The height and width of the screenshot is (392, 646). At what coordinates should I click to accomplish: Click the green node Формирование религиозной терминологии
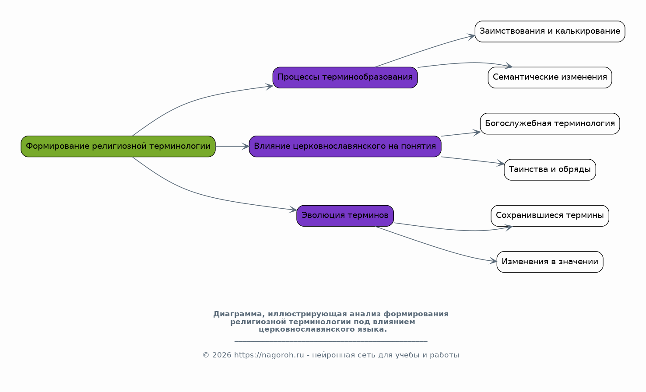(118, 147)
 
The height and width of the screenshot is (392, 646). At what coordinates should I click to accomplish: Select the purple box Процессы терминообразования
(345, 77)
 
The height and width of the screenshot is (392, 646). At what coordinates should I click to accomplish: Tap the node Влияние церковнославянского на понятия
(345, 147)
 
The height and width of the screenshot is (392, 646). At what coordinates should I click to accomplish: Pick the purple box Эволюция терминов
(345, 216)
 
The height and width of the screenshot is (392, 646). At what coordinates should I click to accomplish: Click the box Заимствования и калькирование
(550, 31)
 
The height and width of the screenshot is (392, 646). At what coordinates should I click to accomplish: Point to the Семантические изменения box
(550, 77)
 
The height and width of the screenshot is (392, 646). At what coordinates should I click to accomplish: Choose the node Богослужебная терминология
(550, 124)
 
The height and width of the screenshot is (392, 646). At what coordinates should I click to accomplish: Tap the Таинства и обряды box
(550, 170)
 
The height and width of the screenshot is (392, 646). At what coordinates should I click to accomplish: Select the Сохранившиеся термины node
(550, 216)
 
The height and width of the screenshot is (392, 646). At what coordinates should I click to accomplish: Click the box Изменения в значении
(550, 262)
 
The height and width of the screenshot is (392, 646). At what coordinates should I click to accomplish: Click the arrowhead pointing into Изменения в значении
(494, 262)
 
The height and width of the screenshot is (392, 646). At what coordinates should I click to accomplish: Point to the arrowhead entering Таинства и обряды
(501, 164)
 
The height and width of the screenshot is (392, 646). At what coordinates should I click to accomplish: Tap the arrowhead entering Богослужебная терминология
(477, 132)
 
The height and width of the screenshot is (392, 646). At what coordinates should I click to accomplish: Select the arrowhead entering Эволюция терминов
(294, 210)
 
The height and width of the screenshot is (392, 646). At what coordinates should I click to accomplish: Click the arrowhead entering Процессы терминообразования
(270, 86)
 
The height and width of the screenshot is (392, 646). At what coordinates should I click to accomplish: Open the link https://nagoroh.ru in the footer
(269, 355)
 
